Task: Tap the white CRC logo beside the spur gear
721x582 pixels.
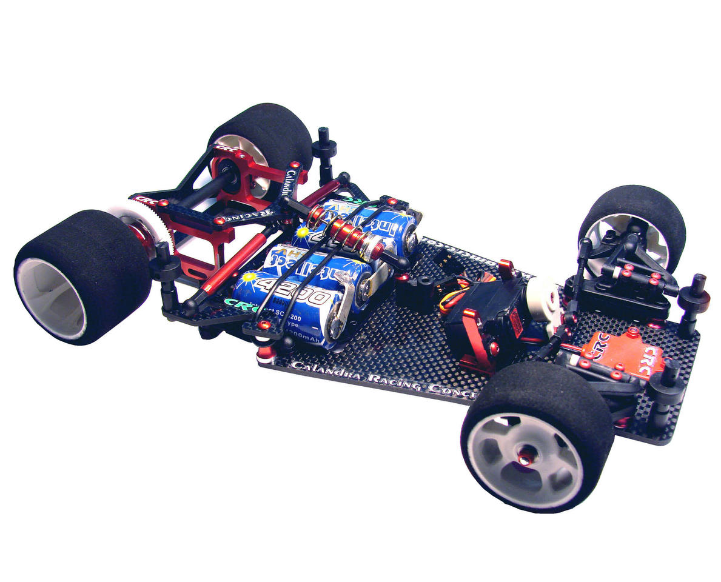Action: (x=146, y=199)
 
